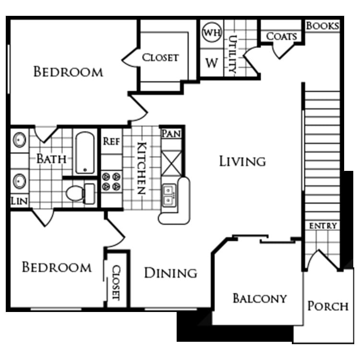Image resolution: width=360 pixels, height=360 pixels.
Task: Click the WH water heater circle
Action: click(x=212, y=32)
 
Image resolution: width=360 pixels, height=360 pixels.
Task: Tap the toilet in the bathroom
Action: click(x=81, y=193)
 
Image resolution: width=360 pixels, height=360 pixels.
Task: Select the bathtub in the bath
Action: click(x=85, y=153)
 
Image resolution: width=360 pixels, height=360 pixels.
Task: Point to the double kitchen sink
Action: click(x=169, y=195)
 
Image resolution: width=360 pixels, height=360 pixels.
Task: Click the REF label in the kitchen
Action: click(x=111, y=141)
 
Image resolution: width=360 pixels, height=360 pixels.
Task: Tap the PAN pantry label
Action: click(x=171, y=133)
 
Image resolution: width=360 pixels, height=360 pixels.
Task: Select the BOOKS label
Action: click(x=323, y=26)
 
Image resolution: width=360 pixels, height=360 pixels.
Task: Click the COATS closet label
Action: click(x=281, y=36)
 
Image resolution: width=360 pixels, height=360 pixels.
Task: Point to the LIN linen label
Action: click(x=20, y=201)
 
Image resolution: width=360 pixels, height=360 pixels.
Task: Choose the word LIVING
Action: click(x=243, y=161)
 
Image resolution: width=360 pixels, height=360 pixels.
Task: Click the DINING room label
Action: click(x=170, y=273)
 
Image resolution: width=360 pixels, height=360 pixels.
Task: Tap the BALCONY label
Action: click(x=260, y=299)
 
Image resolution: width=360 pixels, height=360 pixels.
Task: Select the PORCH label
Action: click(x=328, y=306)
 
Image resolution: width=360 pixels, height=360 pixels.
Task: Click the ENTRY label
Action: click(x=323, y=226)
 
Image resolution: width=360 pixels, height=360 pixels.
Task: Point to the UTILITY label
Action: click(x=233, y=54)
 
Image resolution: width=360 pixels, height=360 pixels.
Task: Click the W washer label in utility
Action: click(x=212, y=63)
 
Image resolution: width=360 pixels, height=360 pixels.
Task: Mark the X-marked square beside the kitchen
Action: click(x=171, y=164)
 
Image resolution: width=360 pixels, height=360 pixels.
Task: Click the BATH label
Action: click(x=51, y=159)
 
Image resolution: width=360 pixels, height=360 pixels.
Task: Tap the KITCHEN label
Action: click(x=142, y=168)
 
